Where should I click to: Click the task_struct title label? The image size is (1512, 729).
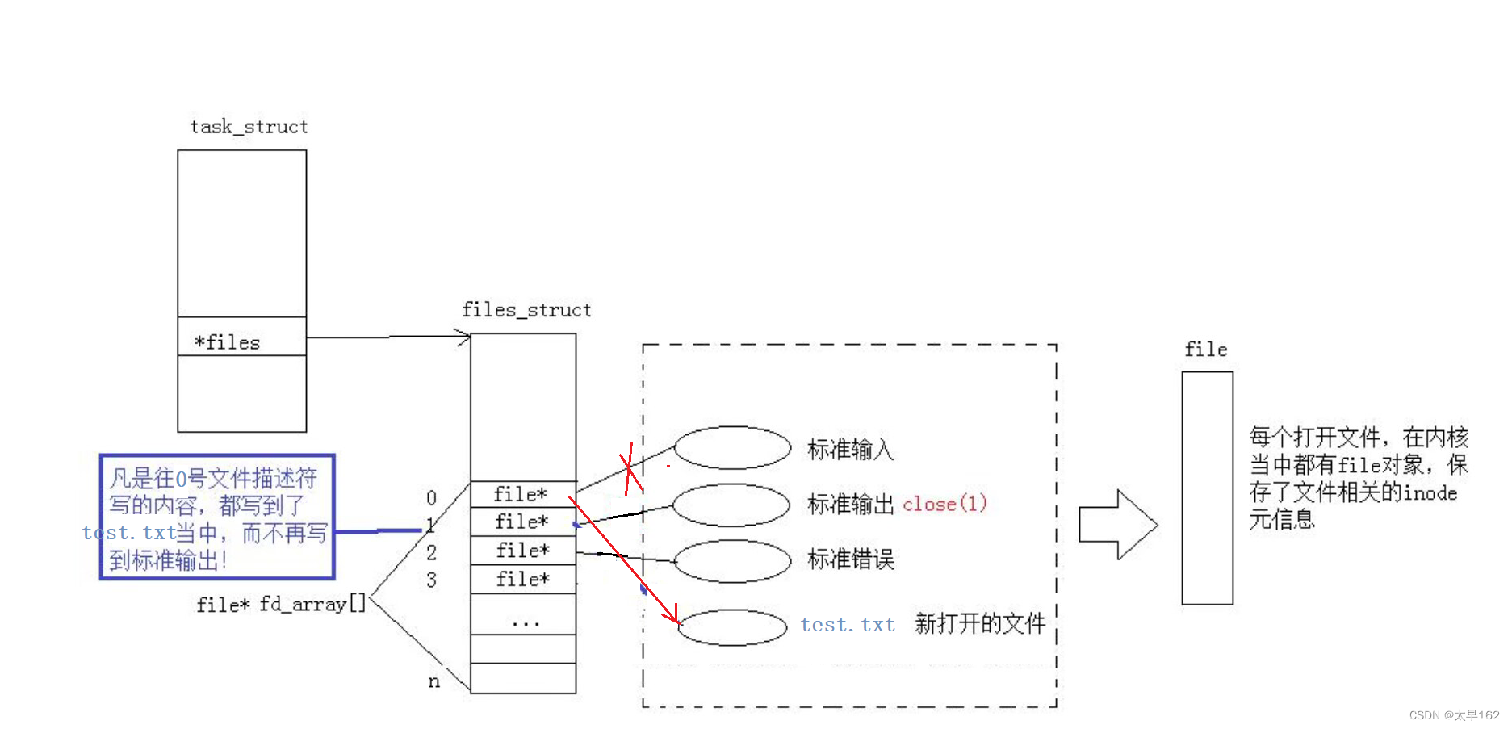pos(249,127)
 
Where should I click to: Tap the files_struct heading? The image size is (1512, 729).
pos(526,310)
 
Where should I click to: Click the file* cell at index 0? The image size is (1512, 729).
pos(522,493)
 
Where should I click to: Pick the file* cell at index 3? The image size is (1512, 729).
pos(522,579)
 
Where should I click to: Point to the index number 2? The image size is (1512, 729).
pos(432,552)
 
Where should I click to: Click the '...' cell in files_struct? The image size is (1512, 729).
pos(522,622)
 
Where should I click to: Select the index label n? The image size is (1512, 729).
pos(434,681)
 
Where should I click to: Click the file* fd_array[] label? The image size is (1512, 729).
pos(281,604)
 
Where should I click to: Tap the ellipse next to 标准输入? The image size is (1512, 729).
pos(732,447)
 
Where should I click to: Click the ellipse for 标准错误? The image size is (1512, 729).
pos(732,560)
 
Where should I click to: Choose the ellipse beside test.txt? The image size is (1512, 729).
pos(732,627)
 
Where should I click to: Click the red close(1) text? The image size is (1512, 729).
pos(944,504)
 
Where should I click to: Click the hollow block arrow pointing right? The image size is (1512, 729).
pos(1119,525)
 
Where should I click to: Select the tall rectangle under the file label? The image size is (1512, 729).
pos(1207,488)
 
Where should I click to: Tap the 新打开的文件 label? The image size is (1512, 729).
pos(980,623)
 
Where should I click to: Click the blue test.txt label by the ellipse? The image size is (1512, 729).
pos(848,625)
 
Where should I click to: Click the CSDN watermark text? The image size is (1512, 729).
pos(1454,715)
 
